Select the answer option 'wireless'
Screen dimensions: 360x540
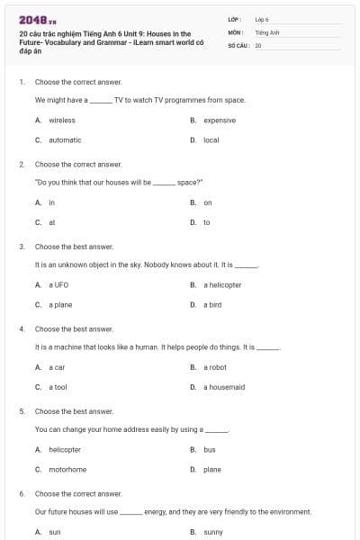(62, 120)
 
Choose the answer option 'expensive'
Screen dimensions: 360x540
(220, 120)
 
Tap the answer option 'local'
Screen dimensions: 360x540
(211, 139)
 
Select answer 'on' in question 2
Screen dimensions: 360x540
(208, 202)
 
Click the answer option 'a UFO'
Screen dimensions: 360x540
(58, 284)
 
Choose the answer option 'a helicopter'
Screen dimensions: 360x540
(222, 284)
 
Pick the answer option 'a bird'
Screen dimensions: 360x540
(212, 304)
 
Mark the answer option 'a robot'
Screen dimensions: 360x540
(215, 367)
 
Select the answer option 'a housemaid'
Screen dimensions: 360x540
(224, 387)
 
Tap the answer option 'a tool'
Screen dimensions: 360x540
(58, 387)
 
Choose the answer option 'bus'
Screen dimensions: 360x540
(210, 449)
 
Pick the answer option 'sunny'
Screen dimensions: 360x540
(213, 532)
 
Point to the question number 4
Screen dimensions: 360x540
(22, 328)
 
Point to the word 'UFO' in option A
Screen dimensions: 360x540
(62, 284)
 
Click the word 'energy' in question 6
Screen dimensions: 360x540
(156, 511)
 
